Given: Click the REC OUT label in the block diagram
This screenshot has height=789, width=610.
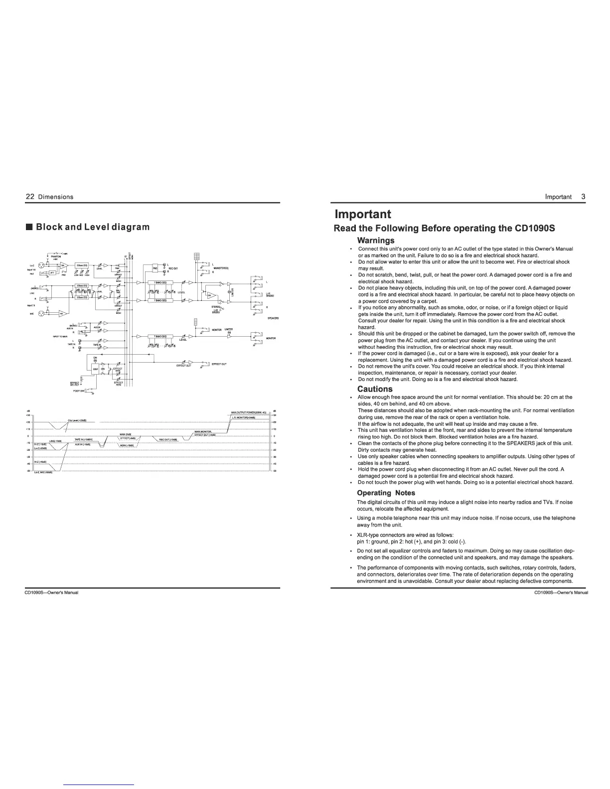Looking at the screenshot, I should tap(173, 267).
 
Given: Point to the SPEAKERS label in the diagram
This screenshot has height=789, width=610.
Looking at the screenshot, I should tap(273, 318).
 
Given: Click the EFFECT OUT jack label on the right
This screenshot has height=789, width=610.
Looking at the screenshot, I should tap(219, 364).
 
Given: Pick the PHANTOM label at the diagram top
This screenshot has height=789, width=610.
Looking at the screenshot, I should tap(56, 257).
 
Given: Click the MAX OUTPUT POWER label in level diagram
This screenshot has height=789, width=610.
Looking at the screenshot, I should tap(249, 412).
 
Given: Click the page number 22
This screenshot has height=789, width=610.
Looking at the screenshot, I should tap(29, 197).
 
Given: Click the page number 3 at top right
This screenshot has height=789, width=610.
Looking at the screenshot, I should tap(583, 197).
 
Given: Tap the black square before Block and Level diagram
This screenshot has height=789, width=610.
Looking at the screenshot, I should tap(29, 227).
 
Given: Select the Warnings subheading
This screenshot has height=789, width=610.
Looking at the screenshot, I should tap(376, 240).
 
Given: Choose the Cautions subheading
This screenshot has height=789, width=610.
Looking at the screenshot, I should tap(375, 389).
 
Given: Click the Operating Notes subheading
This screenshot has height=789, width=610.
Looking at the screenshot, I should tap(386, 493).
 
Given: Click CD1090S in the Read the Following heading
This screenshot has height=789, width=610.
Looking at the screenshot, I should tap(534, 228).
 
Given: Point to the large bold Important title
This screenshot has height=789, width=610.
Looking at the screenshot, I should tap(363, 214).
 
